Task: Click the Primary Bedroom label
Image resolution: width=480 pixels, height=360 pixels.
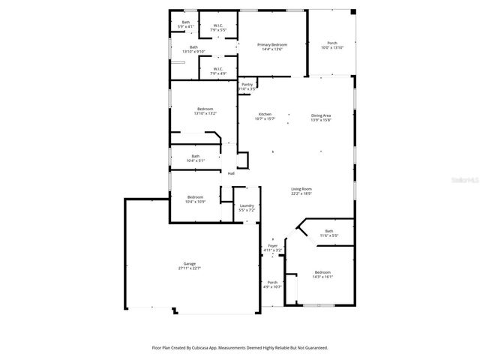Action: (x=271, y=45)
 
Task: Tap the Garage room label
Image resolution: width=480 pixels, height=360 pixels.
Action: (x=189, y=264)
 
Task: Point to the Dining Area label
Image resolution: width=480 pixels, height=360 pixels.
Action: (x=321, y=115)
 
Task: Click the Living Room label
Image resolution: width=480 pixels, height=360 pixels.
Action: (x=301, y=189)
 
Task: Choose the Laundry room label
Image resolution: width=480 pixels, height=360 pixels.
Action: (x=247, y=206)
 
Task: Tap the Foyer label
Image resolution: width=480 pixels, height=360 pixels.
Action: (x=273, y=246)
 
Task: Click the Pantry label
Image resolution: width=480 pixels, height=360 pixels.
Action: (x=247, y=85)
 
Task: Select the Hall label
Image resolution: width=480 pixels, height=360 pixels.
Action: (x=231, y=173)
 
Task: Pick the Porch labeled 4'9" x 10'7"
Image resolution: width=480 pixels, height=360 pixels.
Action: (x=272, y=283)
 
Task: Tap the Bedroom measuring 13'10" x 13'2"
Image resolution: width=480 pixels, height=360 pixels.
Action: (x=205, y=109)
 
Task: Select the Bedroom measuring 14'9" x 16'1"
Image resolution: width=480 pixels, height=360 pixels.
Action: (x=322, y=271)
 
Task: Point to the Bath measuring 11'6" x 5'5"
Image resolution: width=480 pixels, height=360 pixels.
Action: (x=329, y=231)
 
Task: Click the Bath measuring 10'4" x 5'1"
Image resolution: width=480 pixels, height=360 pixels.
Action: (x=195, y=156)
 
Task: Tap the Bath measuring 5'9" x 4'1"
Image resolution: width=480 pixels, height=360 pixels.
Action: (x=186, y=22)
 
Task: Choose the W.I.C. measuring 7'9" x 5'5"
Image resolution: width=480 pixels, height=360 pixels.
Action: (x=217, y=26)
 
